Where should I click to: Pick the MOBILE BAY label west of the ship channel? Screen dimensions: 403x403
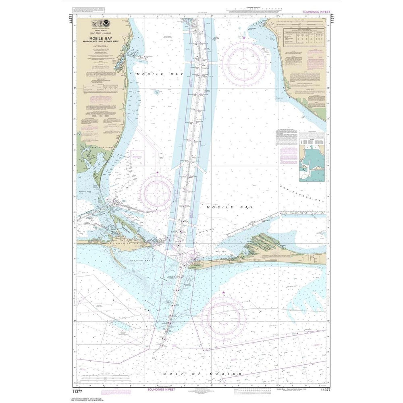(x=152, y=75)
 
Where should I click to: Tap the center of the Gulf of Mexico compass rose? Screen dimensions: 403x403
(x=223, y=316)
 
